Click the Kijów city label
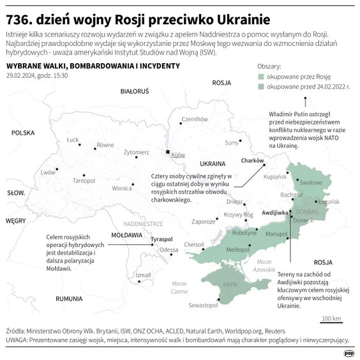[x=178, y=155]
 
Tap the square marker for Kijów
[x=168, y=153]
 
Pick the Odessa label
[x=169, y=250]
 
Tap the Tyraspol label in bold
[x=162, y=239]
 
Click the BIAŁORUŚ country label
[x=134, y=92]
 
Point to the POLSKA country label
[x=22, y=133]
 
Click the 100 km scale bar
[x=331, y=319]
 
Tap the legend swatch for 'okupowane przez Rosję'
[x=261, y=75]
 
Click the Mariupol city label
[x=276, y=235]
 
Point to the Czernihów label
[x=195, y=119]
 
